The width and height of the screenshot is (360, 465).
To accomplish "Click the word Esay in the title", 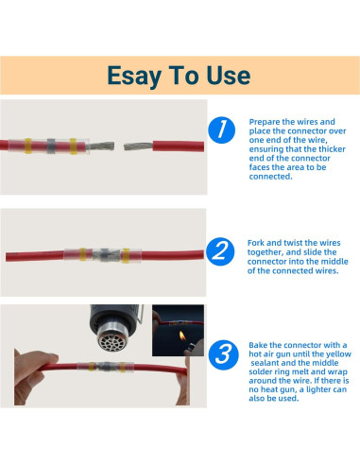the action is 134,77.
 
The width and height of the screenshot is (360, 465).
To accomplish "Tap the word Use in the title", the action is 229,76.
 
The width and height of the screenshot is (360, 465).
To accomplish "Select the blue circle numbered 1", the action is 222,130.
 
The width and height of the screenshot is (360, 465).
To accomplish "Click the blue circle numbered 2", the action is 220,251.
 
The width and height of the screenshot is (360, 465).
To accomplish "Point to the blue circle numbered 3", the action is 223,354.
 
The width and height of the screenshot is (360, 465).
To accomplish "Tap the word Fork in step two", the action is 256,243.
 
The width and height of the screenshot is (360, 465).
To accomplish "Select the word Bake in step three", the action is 258,345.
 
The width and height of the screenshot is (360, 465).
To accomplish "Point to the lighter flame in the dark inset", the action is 182,336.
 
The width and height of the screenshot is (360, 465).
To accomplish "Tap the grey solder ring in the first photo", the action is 51,146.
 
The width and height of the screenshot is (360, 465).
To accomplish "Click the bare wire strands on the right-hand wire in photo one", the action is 138,146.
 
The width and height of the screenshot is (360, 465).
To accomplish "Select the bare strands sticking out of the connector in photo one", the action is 100,146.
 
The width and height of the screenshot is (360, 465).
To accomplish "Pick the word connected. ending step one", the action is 270,177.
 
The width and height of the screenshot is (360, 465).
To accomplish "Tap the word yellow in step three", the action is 338,354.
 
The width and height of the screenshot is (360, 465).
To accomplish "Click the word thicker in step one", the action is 332,149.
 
